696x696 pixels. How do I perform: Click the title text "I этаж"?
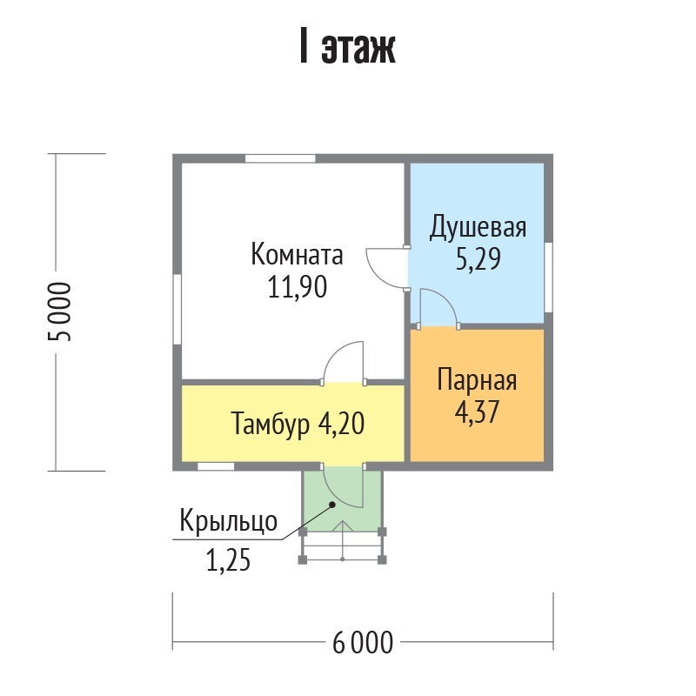[x=347, y=47]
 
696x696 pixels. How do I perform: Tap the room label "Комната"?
[x=297, y=255]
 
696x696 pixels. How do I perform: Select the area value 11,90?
[x=298, y=287]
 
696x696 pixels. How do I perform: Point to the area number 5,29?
[x=478, y=259]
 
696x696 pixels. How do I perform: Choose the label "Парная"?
[x=477, y=381]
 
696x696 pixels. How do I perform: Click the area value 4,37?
[x=477, y=412]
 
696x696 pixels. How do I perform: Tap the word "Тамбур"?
[x=271, y=425]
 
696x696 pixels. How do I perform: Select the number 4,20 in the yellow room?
[x=341, y=423]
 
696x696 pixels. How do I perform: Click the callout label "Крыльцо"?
[x=229, y=521]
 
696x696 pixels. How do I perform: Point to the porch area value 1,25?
[x=228, y=560]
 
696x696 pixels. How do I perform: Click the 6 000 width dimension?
[x=363, y=642]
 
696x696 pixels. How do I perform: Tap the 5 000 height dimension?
[x=59, y=311]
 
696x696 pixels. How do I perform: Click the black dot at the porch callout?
[x=331, y=505]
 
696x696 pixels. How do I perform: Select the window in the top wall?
[x=280, y=158]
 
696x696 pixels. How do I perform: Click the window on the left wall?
[x=177, y=309]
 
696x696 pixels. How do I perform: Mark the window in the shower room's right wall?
[x=549, y=278]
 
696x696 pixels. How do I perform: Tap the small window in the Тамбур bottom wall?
[x=216, y=466]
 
